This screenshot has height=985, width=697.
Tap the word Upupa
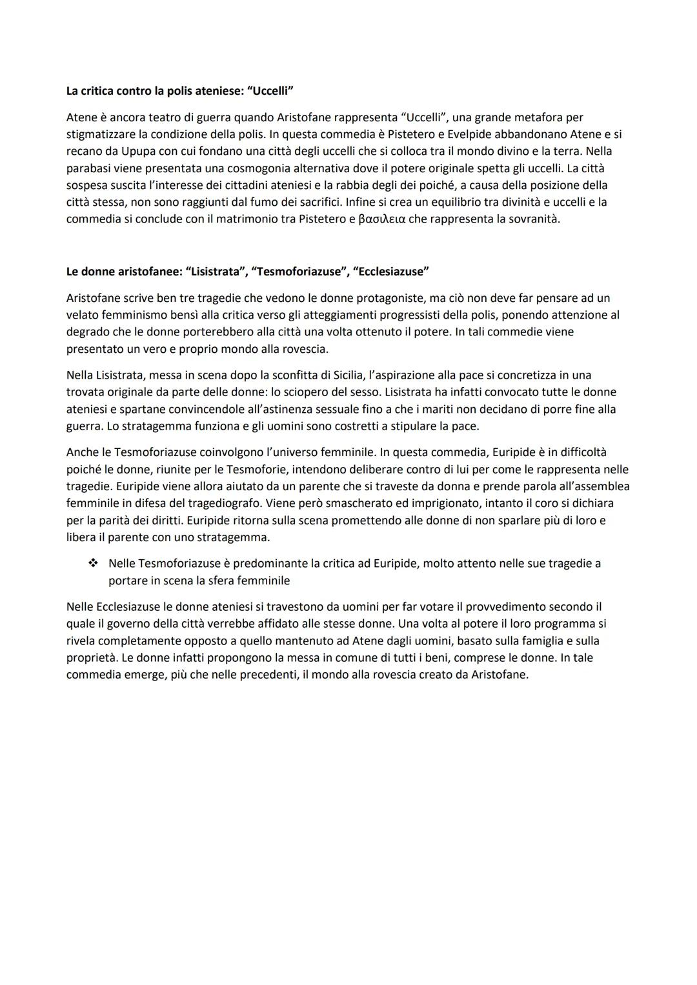pos(121,151)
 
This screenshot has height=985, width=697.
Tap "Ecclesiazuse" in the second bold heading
pos(390,272)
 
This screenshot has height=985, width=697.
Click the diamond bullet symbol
pos(93,563)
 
